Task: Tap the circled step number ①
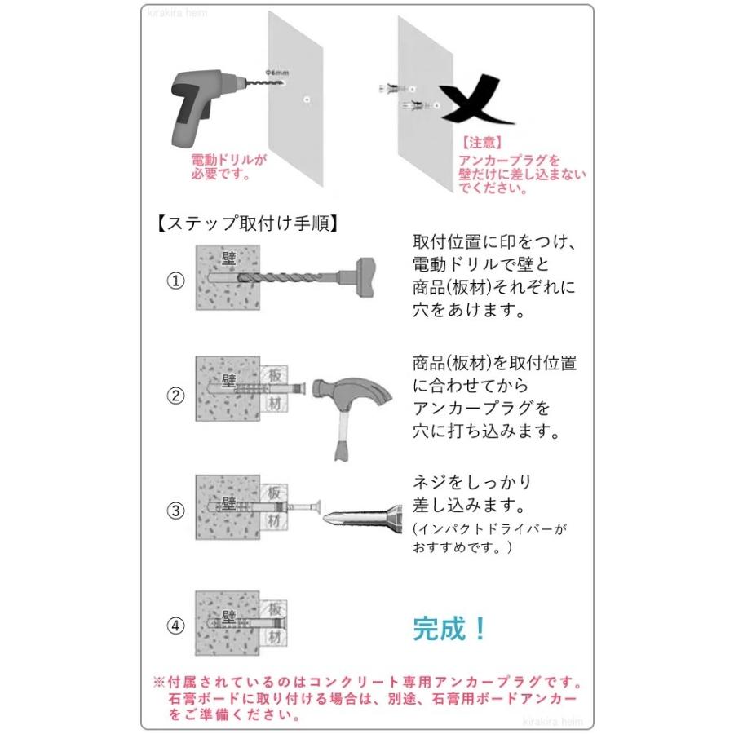point(176,281)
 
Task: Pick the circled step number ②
point(176,396)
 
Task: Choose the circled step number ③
point(176,511)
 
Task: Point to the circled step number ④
point(176,626)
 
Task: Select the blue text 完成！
point(450,628)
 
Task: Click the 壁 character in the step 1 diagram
point(229,259)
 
